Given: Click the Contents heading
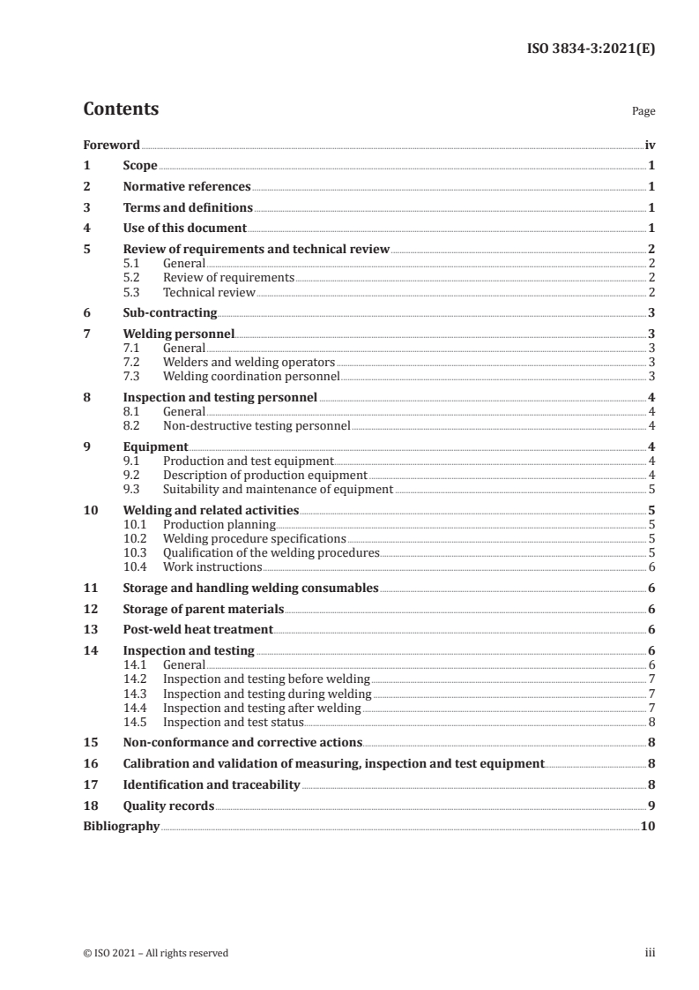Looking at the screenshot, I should point(121,109).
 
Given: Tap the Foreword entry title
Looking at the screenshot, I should point(111,145).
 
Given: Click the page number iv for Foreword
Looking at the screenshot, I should point(649,145).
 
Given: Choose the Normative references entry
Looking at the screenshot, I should point(187,187).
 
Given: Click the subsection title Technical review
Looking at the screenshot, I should point(209,292).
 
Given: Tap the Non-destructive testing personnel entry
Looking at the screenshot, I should point(257,426).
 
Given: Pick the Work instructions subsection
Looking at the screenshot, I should point(212,567).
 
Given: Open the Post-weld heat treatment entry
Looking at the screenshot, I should point(198,630).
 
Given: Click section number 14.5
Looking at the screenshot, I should point(136,722).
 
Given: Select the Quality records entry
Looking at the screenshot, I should point(169,806).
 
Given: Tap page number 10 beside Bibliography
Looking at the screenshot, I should point(648,827).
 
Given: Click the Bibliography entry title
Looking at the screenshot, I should point(121,827).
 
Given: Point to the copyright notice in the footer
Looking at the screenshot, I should point(155,953).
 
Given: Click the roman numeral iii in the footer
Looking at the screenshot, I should point(650,953).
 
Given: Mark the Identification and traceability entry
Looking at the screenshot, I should point(212,784).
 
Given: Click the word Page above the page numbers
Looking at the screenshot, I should point(643,112).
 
